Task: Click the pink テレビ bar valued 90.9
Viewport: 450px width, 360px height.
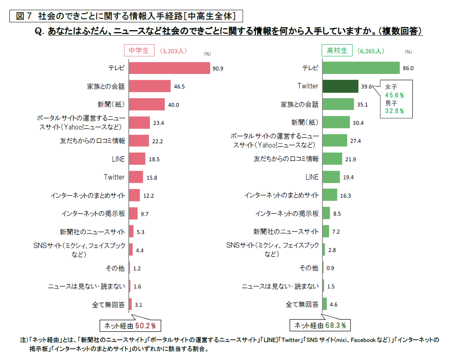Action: coord(169,68)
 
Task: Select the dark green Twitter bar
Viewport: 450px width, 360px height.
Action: coord(340,86)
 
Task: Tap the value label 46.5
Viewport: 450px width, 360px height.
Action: coord(180,86)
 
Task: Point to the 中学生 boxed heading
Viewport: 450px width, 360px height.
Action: coord(139,50)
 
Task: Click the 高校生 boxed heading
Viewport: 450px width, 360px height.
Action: coord(337,50)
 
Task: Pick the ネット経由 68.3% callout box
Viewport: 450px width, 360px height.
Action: coord(320,326)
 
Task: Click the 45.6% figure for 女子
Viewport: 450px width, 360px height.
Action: coord(394,95)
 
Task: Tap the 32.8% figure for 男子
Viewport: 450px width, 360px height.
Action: coord(394,111)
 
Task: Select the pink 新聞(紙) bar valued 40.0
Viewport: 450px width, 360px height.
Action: coord(147,104)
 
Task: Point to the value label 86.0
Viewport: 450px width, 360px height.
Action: coord(408,68)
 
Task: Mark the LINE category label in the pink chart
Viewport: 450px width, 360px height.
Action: coord(118,159)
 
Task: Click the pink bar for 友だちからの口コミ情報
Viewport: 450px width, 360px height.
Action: coord(139,141)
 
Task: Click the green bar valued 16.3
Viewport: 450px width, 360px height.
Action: coord(330,195)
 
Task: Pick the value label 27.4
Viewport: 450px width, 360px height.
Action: coord(355,141)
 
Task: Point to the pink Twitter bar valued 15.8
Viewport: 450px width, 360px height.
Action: coord(136,177)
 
